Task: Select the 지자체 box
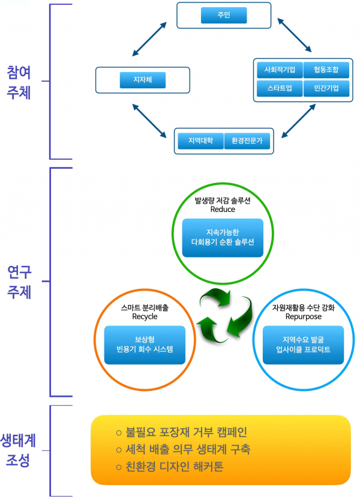tap(142, 79)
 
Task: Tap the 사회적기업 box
tap(279, 70)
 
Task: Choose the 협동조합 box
tap(326, 70)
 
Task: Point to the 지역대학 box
tap(200, 142)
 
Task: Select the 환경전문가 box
tap(247, 142)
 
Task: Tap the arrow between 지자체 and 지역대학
tap(149, 118)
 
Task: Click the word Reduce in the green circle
tap(223, 210)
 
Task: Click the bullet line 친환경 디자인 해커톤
tap(174, 466)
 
